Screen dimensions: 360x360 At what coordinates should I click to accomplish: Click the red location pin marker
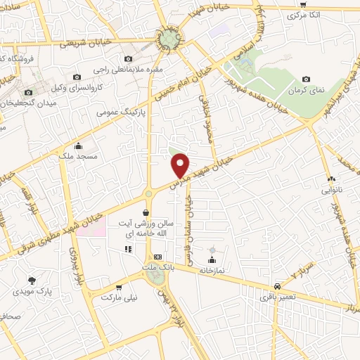point(181,165)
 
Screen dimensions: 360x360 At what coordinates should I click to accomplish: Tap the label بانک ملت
point(157,268)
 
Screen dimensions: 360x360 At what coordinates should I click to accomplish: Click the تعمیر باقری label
point(278,298)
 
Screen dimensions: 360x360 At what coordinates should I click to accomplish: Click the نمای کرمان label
point(306,91)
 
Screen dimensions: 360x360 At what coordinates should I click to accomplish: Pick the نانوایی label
point(331,190)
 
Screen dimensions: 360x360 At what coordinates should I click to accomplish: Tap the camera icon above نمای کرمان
point(305,79)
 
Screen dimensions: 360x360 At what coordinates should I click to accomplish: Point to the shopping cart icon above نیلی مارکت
point(119,286)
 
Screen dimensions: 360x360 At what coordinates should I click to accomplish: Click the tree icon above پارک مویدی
point(32,279)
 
